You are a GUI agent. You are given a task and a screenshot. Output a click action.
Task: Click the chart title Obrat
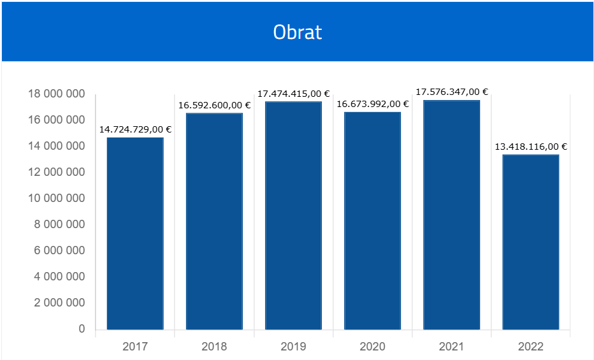298,32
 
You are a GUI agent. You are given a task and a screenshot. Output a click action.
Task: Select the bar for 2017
135,233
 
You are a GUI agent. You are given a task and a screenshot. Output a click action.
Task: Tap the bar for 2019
293,215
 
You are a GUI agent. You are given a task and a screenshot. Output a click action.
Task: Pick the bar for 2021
451,215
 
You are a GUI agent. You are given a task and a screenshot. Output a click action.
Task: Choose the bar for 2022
531,242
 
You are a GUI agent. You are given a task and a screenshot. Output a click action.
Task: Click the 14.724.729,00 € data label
135,129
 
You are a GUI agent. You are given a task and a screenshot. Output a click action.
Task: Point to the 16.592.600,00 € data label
214,105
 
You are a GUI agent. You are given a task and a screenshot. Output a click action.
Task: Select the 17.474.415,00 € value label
293,94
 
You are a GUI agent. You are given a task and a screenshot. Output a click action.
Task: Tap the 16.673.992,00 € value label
373,104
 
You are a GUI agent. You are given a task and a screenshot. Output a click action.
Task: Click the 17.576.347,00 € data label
452,92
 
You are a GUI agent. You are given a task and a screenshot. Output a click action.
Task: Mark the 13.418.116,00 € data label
531,147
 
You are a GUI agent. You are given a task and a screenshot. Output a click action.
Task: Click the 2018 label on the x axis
214,347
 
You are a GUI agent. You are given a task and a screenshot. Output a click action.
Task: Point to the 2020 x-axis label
372,347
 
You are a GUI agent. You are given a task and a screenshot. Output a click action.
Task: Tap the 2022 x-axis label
531,347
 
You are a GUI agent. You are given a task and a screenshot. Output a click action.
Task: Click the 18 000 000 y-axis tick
57,94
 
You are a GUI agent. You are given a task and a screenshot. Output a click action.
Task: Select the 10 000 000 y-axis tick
57,199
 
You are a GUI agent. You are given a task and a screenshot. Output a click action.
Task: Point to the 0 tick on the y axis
82,329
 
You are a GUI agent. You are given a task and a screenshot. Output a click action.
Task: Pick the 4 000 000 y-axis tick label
59,277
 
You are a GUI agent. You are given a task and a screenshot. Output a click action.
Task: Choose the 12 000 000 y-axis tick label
57,173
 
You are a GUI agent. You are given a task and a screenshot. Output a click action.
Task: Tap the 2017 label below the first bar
135,347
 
